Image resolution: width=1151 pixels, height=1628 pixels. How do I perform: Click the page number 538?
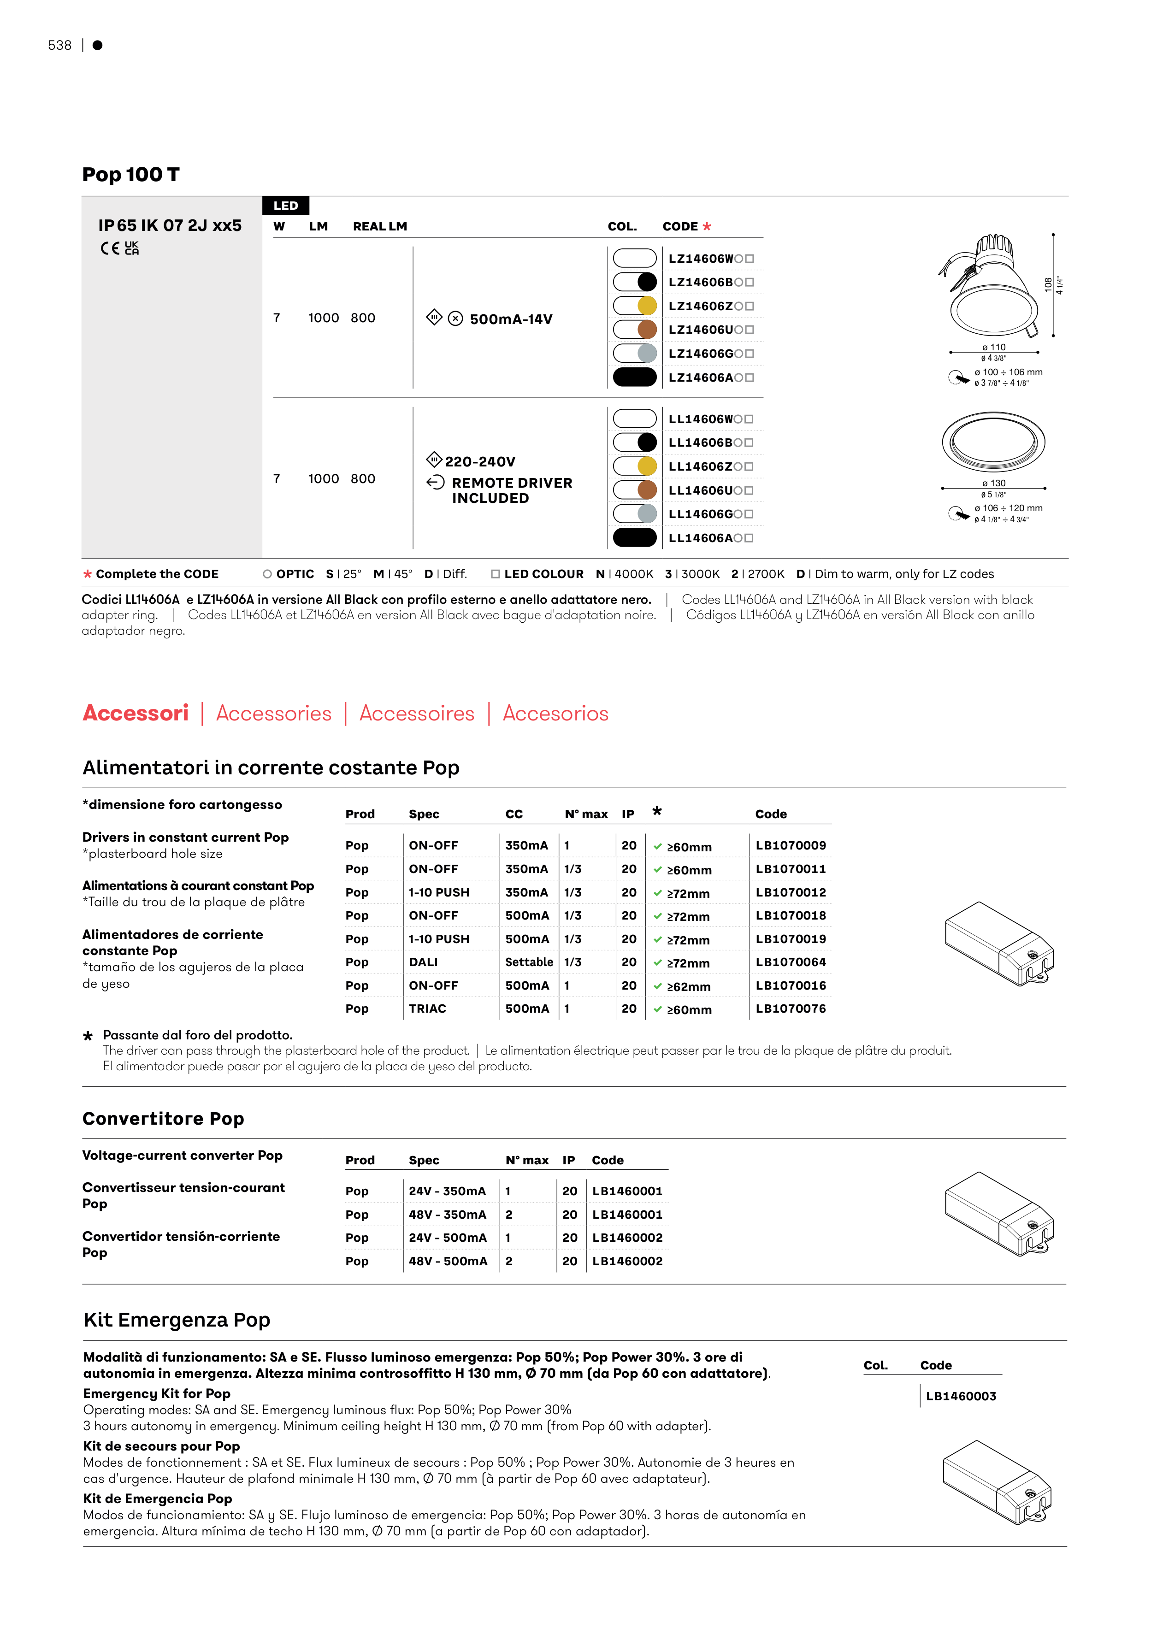59,45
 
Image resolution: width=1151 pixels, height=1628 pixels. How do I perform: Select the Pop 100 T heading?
131,174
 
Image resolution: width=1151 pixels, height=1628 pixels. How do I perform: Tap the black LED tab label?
286,206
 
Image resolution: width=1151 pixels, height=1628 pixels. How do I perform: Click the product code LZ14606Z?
700,307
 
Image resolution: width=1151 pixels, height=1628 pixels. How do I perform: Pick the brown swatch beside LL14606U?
647,490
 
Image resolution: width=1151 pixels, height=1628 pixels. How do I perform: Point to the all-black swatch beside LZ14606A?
635,377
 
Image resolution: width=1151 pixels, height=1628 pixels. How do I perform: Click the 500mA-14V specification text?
511,319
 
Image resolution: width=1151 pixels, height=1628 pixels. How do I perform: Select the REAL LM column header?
380,226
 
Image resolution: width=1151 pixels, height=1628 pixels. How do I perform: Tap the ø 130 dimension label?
993,484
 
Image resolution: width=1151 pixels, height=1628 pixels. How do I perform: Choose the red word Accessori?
136,714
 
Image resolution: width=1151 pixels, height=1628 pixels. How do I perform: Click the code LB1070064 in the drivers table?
791,962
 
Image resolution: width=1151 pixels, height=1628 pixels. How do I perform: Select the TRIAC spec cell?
428,1009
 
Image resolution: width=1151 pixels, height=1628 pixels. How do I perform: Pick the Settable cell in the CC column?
529,962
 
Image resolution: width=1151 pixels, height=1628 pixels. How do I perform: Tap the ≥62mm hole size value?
689,986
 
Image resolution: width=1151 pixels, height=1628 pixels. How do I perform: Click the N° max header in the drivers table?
586,814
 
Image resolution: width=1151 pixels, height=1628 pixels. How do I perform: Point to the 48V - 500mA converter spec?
448,1262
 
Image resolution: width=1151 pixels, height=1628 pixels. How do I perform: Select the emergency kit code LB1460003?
961,1396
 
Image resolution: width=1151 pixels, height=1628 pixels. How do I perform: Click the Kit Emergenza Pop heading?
177,1320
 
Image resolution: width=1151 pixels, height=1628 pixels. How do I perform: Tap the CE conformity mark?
110,248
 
